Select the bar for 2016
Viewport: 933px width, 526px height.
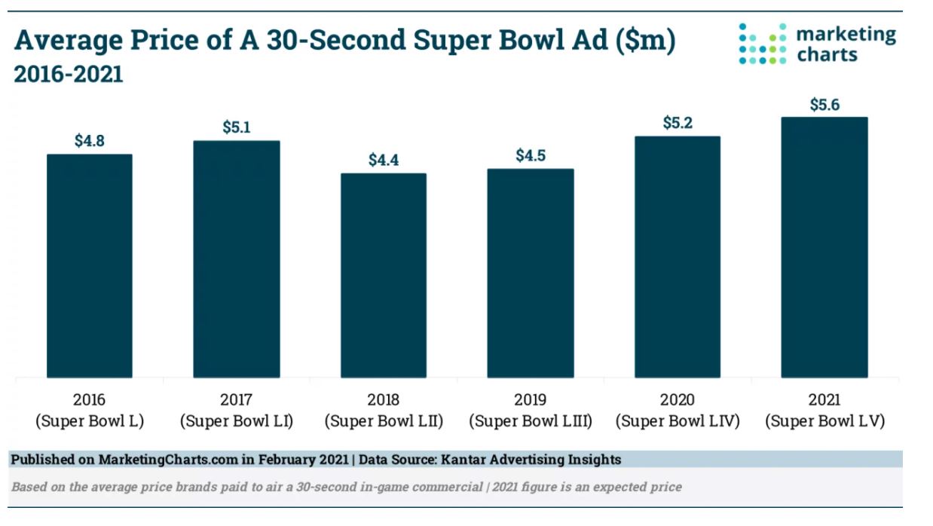coord(90,265)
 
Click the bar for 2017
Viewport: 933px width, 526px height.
coord(237,258)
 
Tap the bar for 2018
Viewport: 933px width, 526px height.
coord(384,275)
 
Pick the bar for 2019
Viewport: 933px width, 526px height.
coord(530,273)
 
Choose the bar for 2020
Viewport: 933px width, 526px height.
coord(678,256)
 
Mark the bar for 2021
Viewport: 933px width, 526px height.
coord(824,246)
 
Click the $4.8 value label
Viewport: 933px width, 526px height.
coord(90,140)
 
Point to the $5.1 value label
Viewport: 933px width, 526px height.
coord(237,127)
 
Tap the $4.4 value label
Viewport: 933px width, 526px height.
coord(384,160)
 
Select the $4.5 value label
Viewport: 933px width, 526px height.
coord(531,156)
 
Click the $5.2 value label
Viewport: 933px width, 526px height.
coord(678,122)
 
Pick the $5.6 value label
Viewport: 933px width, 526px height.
coord(824,105)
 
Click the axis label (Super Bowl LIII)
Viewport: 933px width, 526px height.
coord(531,421)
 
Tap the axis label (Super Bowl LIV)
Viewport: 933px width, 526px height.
coord(678,421)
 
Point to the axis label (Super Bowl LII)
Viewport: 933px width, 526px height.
coord(384,421)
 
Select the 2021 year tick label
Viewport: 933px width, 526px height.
coord(824,399)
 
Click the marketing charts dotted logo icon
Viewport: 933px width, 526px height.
coord(762,43)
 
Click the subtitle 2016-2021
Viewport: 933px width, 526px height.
coord(68,75)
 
